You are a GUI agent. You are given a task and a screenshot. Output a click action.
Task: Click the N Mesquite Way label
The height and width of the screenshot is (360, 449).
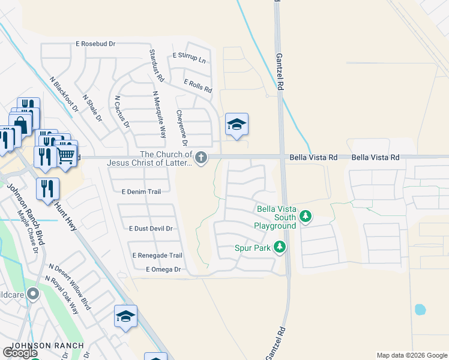[159, 114]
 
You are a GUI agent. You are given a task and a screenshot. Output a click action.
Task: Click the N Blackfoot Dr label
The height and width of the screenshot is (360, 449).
[65, 94]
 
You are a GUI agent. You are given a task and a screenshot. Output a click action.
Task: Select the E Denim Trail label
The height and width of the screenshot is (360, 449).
[141, 192]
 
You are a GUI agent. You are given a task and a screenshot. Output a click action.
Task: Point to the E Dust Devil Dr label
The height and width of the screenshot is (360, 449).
[151, 229]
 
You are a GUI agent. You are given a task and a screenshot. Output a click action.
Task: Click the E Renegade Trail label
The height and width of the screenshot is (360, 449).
[157, 255]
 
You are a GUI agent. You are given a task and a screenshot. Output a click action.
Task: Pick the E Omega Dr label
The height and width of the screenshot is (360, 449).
[163, 270]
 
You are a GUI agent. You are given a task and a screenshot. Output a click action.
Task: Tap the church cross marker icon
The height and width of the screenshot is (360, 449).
[201, 158]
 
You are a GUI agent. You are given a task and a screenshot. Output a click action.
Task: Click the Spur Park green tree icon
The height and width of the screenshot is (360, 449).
[279, 247]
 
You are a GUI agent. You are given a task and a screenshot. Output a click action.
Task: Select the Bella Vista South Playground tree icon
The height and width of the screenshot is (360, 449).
[306, 215]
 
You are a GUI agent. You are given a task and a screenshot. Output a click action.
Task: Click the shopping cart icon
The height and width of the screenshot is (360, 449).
[66, 154]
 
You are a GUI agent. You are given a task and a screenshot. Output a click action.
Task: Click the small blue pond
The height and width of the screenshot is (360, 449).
[420, 310]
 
